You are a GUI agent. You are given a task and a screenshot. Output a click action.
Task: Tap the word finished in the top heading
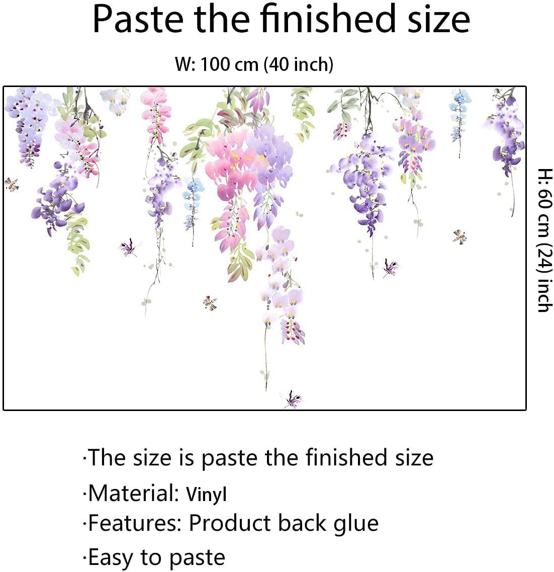point(327,19)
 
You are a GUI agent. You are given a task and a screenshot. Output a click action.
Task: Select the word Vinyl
point(206,494)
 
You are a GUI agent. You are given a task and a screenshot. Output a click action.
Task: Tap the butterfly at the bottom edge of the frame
point(292,399)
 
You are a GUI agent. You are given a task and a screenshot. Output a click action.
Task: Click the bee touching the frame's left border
point(12,185)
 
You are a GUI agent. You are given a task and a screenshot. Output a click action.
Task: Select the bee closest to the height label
point(459,236)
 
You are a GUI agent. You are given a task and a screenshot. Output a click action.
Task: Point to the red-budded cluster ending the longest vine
point(293,331)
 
